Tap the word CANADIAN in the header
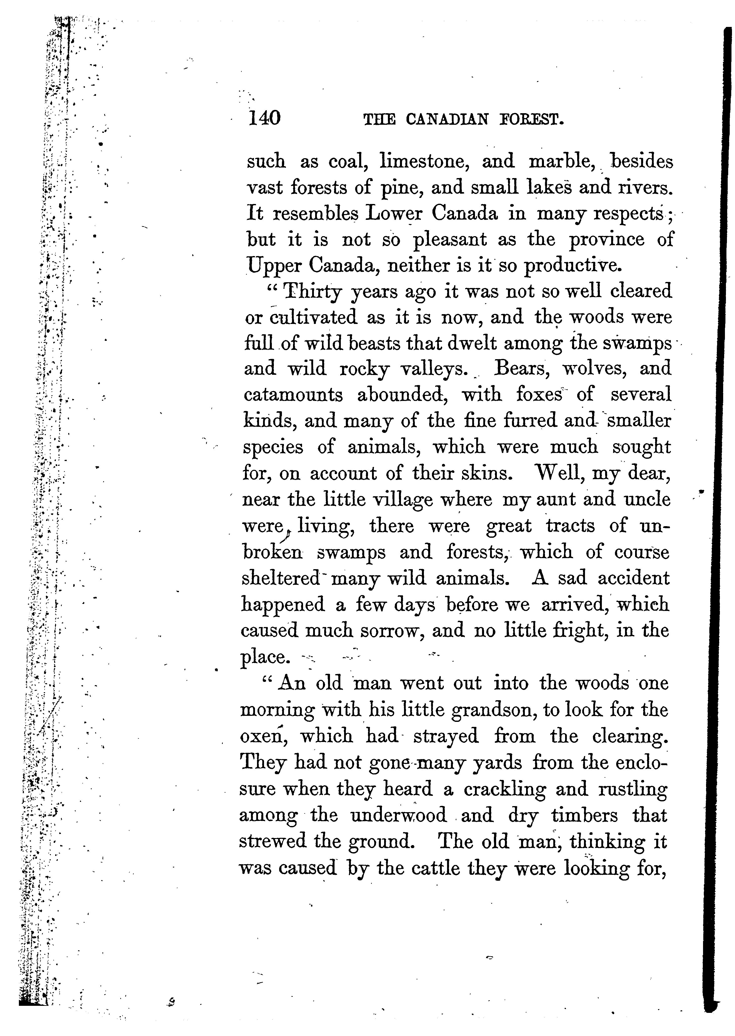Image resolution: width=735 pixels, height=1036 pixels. [x=447, y=119]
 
